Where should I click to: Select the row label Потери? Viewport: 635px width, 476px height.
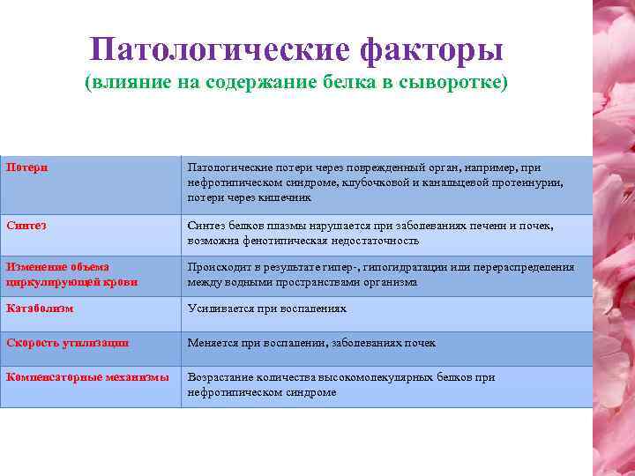[x=27, y=167]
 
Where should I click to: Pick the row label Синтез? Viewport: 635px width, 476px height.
[x=26, y=226]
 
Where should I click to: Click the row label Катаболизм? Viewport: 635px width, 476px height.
[x=40, y=309]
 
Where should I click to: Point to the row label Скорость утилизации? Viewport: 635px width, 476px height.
[x=68, y=343]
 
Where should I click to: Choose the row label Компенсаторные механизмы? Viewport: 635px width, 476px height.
[x=87, y=377]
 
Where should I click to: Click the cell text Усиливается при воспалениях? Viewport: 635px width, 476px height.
[x=266, y=309]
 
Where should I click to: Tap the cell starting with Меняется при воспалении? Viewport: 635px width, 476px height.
[x=311, y=343]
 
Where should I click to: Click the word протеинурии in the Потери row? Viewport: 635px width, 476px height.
[x=532, y=182]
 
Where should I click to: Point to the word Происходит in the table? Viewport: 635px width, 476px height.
[x=217, y=267]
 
